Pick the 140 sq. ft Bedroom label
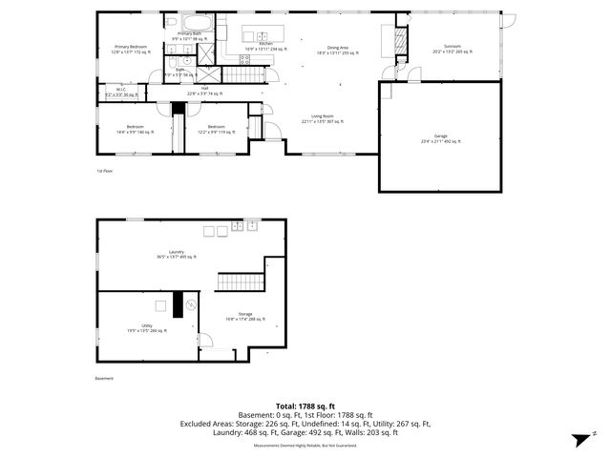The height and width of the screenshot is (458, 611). pyautogui.click(x=135, y=129)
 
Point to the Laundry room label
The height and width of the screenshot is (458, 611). pyautogui.click(x=177, y=254)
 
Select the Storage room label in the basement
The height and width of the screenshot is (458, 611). pyautogui.click(x=245, y=317)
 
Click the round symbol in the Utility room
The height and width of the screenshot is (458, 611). pyautogui.click(x=191, y=304)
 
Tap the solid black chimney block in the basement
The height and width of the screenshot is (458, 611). pyautogui.click(x=177, y=304)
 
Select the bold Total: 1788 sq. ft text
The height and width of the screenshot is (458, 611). pyautogui.click(x=305, y=407)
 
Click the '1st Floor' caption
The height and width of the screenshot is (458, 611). pyautogui.click(x=104, y=171)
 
